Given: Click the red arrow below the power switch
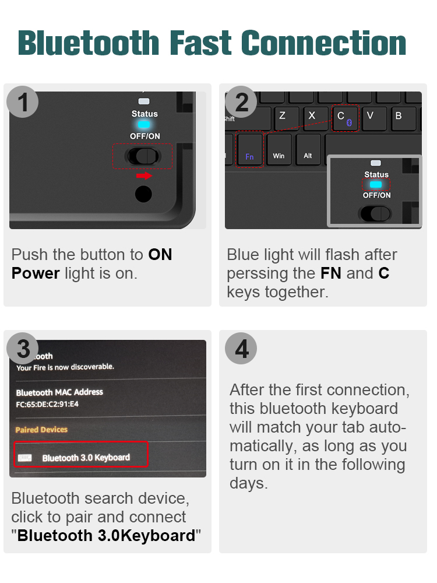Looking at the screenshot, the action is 144,175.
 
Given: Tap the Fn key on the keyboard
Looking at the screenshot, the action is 249,150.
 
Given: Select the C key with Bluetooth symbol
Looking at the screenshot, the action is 345,118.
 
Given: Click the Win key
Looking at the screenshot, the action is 279,150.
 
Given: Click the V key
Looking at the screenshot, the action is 373,118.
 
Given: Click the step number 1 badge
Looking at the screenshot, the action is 23,102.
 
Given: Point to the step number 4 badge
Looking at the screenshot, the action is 241,349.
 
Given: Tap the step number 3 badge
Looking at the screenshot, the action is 23,349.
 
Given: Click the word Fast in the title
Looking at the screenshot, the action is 200,43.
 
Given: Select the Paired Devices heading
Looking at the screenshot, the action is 41,430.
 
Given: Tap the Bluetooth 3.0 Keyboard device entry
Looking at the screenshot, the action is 80,454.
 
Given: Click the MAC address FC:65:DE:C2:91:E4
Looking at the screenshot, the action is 47,404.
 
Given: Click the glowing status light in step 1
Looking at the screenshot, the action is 144,125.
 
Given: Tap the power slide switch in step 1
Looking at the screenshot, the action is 143,156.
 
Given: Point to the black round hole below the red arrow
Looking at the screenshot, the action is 143,194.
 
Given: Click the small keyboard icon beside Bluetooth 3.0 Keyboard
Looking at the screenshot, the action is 25,458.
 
